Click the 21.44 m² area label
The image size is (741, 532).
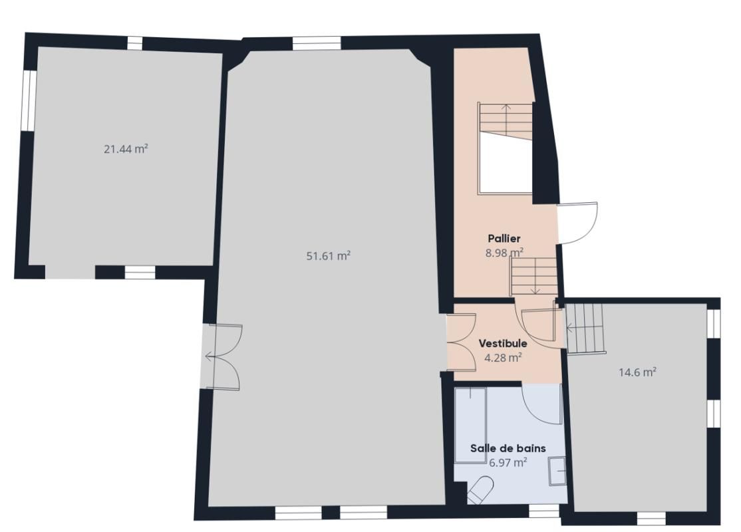(125, 149)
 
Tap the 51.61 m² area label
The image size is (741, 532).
(328, 255)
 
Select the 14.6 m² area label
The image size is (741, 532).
(637, 372)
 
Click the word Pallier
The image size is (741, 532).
(504, 238)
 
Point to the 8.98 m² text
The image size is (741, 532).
(505, 252)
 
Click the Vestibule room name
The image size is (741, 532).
(503, 344)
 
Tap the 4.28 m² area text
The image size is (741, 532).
(503, 357)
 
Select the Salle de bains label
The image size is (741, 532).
(508, 448)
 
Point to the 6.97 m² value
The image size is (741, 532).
(508, 462)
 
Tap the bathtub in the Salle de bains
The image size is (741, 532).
(470, 424)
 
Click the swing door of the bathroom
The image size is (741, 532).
(543, 404)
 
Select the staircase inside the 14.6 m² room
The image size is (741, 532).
(586, 329)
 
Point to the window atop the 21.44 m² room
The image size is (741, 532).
(135, 43)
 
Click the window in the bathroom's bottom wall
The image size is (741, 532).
(543, 510)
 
